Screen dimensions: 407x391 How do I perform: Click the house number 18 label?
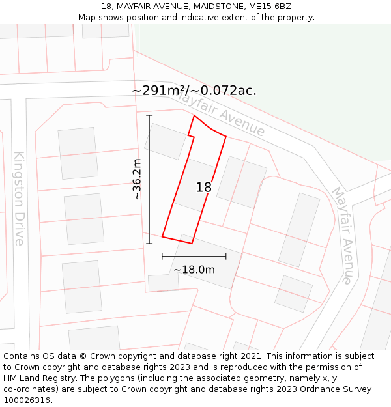pos(204,188)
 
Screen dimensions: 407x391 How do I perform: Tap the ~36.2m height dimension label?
pos(137,179)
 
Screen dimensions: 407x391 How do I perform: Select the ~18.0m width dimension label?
pos(194,270)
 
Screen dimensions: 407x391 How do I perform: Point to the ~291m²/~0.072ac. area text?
pos(194,91)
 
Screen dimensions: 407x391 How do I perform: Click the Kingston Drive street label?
pos(18,198)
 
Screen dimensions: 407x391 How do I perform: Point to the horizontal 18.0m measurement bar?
pos(194,257)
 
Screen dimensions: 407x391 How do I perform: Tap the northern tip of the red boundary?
pos(194,116)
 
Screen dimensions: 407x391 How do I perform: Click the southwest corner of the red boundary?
pos(162,236)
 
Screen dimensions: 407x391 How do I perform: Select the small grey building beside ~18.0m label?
pos(163,283)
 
